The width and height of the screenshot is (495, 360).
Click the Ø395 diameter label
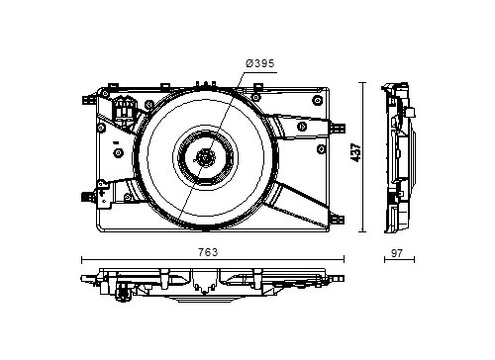[x=259, y=63]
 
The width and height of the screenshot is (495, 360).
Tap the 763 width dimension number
[x=208, y=252]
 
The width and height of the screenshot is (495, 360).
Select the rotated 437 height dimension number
[x=355, y=152]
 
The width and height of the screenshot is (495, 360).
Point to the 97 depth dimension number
[x=397, y=253]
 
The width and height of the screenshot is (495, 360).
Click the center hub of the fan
[x=205, y=157]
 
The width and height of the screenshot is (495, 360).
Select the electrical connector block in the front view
[x=125, y=108]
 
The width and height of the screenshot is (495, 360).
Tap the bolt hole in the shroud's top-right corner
[x=317, y=100]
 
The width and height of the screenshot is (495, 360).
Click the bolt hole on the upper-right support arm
[x=302, y=126]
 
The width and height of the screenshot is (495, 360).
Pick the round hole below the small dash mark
[x=119, y=153]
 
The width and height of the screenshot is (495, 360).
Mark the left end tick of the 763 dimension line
[x=81, y=259]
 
